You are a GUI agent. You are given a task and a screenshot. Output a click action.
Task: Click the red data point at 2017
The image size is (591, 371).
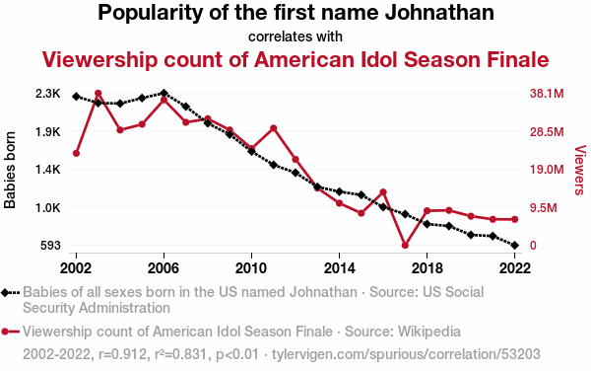[x=405, y=246]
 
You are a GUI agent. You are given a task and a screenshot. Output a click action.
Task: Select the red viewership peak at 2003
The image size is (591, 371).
[x=98, y=93]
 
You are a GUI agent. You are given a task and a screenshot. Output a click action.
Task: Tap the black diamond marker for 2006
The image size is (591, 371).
[x=164, y=93]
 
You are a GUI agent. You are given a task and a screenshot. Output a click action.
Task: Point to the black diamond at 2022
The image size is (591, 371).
[x=514, y=246]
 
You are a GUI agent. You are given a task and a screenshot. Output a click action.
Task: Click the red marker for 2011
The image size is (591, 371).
[x=274, y=128]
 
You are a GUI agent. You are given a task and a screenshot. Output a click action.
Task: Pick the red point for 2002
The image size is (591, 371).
[x=76, y=153]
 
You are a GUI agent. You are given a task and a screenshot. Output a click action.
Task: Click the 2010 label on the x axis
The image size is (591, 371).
[x=251, y=268]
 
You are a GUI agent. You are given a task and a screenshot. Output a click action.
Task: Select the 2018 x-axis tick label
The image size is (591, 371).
[x=427, y=268]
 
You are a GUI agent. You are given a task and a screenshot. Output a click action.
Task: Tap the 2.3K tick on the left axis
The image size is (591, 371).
[x=48, y=93]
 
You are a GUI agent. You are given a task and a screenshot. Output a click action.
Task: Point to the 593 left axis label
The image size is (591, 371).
[x=50, y=246]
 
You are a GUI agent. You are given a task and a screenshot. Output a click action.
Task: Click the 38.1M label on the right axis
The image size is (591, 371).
[x=547, y=93]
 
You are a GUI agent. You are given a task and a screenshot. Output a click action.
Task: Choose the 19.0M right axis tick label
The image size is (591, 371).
[x=547, y=170]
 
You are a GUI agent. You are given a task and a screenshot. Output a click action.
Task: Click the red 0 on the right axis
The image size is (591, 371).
[x=533, y=246]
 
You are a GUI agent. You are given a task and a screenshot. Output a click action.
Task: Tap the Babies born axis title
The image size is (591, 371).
[x=10, y=170]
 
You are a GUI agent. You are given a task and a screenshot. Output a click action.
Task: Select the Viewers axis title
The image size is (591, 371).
[x=580, y=170]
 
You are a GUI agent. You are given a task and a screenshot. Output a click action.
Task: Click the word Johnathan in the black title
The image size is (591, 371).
[x=439, y=13]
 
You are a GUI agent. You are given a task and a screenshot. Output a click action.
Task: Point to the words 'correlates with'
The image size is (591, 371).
[x=295, y=37]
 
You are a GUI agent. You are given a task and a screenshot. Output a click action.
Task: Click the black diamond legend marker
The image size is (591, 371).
[x=5, y=292]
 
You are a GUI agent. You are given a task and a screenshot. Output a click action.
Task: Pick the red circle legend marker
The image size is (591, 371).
[x=5, y=332]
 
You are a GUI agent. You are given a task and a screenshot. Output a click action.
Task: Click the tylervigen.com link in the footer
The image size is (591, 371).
[x=406, y=354]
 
